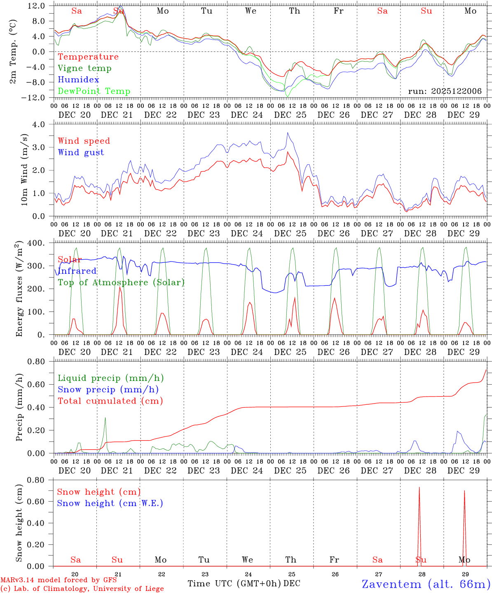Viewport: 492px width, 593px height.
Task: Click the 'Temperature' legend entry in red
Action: coord(88,57)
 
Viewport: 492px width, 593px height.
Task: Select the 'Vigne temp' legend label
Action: coord(84,68)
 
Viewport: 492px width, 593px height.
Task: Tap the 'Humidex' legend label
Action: coord(78,80)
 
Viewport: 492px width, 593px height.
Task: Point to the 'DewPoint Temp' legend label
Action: coord(94,91)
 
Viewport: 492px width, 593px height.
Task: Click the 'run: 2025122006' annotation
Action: coord(445,91)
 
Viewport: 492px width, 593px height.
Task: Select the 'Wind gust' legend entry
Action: coord(81,152)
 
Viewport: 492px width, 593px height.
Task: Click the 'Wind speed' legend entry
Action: coord(84,141)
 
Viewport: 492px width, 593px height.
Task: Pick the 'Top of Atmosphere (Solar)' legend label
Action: coord(121,282)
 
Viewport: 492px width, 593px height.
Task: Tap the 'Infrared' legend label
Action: coord(77,271)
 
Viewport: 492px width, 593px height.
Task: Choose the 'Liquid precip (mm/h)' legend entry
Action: coord(110,378)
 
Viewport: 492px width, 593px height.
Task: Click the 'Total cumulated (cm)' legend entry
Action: coord(110,401)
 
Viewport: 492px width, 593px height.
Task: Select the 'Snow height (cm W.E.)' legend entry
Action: coord(110,503)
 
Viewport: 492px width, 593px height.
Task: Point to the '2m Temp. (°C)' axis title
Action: coord(14,51)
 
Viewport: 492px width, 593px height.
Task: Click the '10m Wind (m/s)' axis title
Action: coord(24,170)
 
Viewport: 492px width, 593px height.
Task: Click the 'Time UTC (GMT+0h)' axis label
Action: coord(234,584)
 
